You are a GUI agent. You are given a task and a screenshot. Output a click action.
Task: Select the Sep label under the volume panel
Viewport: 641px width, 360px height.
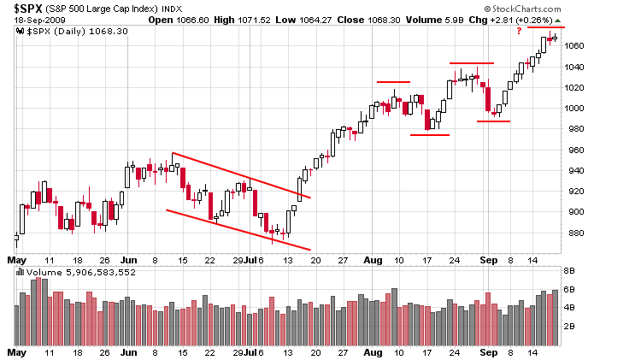tap(488, 351)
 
